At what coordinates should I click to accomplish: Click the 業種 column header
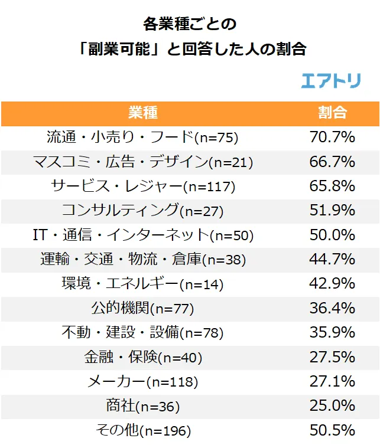[x=142, y=113]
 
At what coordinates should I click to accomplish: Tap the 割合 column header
[x=332, y=113]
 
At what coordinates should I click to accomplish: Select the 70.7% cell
[x=332, y=138]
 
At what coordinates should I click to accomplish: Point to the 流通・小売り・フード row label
[x=142, y=138]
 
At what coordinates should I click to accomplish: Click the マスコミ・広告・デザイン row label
[x=142, y=162]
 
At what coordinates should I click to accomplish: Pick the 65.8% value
[x=332, y=186]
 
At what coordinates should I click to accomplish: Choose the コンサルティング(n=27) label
[x=142, y=211]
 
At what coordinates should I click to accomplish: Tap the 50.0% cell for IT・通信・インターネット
[x=332, y=235]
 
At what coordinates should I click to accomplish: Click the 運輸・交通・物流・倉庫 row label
[x=142, y=259]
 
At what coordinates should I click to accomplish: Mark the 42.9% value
[x=332, y=284]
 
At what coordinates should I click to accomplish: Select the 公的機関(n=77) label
[x=142, y=308]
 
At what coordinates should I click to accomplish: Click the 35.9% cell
[x=332, y=332]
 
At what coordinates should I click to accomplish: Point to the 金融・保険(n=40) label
[x=142, y=357]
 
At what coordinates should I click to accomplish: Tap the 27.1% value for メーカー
[x=332, y=381]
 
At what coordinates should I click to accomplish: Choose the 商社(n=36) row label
[x=142, y=406]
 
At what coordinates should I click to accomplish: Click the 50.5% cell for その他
[x=332, y=430]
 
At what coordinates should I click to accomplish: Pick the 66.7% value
[x=332, y=162]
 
